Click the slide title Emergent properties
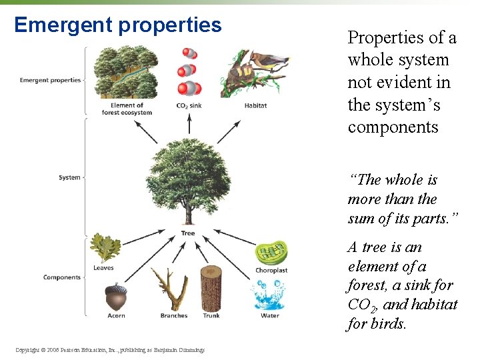point(117,25)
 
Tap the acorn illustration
point(115,295)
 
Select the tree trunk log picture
point(211,287)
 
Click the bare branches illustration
point(170,289)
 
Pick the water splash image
point(269,294)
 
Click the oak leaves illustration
point(105,248)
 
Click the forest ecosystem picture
point(127,72)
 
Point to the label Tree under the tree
point(188,233)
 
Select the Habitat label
point(255,105)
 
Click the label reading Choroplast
point(271,270)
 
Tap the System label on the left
point(69,177)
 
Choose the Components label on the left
point(62,277)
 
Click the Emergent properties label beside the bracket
point(50,80)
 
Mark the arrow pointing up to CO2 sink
point(189,124)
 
